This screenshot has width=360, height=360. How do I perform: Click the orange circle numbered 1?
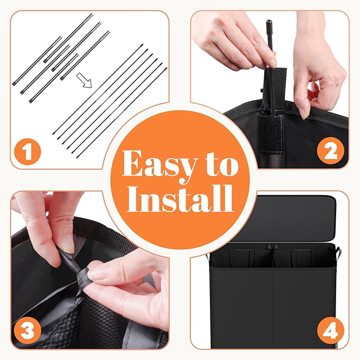pos(28,152)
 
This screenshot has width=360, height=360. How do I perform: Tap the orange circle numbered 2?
pos(330,151)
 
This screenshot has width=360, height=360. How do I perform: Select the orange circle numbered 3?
pos(28,331)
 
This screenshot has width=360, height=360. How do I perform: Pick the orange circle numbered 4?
pos(330,330)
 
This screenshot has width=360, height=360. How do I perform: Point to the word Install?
pos(180,199)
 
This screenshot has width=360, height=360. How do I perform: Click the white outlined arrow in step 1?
pos(84,80)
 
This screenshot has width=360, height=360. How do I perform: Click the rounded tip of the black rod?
pos(269,23)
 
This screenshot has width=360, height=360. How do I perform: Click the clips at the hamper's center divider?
pos(273,248)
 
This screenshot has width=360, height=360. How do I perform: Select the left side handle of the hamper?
pos(208,258)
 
